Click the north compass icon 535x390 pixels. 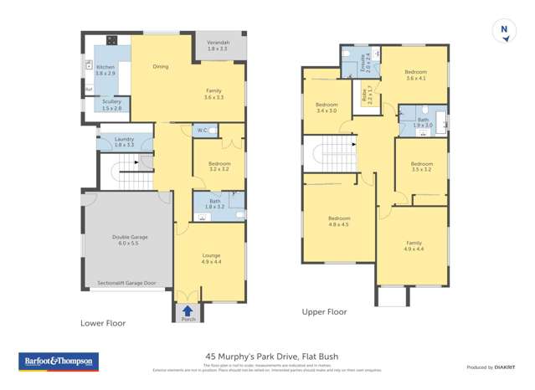pyautogui.click(x=504, y=31)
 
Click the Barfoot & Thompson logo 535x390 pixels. pyautogui.click(x=59, y=362)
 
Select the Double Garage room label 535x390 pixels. pyautogui.click(x=130, y=240)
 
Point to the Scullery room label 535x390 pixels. pyautogui.click(x=111, y=105)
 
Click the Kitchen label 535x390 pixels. pyautogui.click(x=105, y=70)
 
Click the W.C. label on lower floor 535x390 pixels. pyautogui.click(x=203, y=131)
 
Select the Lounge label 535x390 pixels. pyautogui.click(x=210, y=258)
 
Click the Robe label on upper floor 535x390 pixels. pyautogui.click(x=366, y=95)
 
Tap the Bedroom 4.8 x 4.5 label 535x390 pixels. pyautogui.click(x=339, y=221)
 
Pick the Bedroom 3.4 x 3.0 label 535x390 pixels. pyautogui.click(x=327, y=107)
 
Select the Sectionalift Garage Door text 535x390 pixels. pyautogui.click(x=126, y=283)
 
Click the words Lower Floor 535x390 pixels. pyautogui.click(x=102, y=322)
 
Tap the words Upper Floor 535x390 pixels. pyautogui.click(x=324, y=311)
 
